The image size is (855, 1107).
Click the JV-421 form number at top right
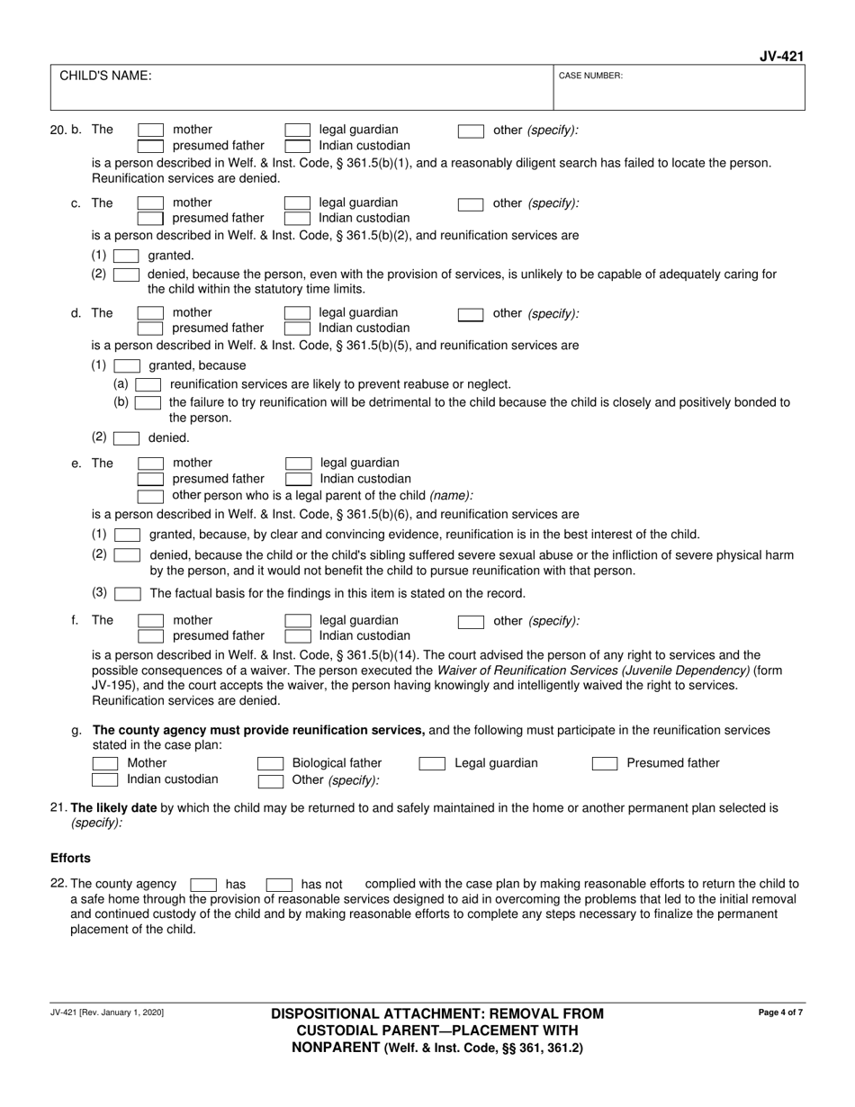(780, 57)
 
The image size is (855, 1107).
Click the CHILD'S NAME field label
(105, 76)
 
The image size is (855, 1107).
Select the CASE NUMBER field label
(590, 76)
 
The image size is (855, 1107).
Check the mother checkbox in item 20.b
(150, 130)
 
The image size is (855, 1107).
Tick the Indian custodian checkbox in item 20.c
(297, 218)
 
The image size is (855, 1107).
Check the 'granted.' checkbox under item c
(126, 256)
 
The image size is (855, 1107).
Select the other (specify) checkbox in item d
(471, 314)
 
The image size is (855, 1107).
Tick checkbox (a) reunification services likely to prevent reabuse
(148, 384)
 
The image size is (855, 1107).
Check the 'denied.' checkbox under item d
(126, 438)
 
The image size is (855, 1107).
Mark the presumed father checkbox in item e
(150, 479)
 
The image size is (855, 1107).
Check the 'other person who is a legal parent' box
(150, 496)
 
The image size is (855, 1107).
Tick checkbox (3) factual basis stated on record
(128, 594)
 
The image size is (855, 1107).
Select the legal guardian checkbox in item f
(297, 621)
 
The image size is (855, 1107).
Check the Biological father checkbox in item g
(271, 764)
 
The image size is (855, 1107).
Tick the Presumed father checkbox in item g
(605, 764)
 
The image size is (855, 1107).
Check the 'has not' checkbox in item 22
(279, 885)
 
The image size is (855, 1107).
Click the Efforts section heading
(70, 859)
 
